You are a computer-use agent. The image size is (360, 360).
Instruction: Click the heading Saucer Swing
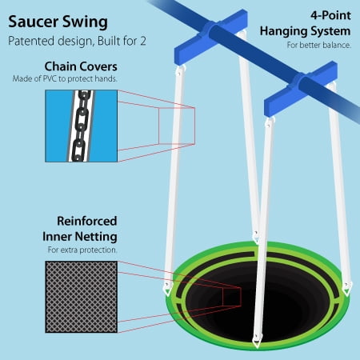click(58, 22)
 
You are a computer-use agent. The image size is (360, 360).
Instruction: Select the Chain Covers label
click(81, 66)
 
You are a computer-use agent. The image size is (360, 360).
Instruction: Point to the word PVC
click(50, 79)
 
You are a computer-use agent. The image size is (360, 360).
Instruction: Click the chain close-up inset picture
click(82, 126)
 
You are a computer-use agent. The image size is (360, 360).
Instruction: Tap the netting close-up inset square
click(82, 297)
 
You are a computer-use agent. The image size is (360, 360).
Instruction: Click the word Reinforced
click(87, 221)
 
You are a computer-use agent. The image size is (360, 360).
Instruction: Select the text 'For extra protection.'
click(82, 250)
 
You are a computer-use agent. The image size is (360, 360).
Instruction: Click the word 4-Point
click(330, 15)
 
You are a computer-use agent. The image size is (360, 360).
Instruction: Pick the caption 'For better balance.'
click(319, 45)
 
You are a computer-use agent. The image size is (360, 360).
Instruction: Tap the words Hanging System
click(306, 31)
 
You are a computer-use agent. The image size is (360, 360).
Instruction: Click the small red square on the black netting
click(232, 297)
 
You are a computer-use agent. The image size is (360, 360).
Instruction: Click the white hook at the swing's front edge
click(257, 342)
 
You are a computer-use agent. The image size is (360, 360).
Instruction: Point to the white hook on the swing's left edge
click(167, 290)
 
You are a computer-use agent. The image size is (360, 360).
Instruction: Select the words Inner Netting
click(80, 237)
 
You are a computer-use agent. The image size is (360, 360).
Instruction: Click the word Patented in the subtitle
click(31, 41)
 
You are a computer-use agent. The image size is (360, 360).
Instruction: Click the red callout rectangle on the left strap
click(177, 126)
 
